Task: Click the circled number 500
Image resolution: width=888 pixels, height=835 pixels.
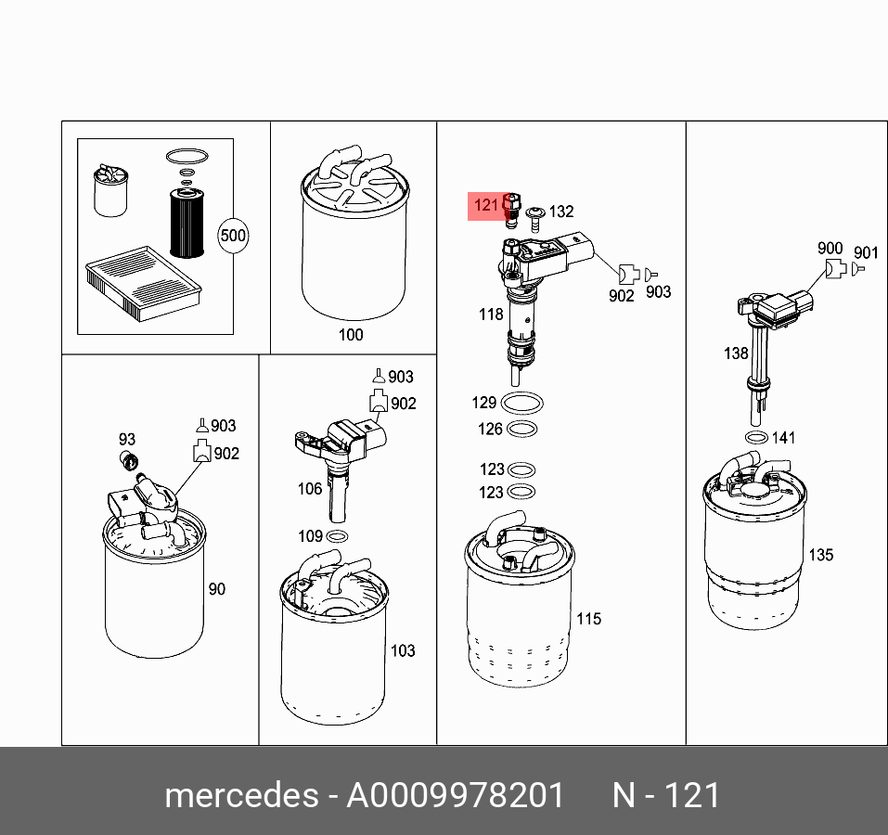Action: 233,236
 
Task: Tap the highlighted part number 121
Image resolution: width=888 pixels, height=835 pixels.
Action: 486,204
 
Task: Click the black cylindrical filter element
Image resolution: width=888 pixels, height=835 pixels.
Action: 187,225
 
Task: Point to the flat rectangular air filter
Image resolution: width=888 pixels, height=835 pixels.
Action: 144,283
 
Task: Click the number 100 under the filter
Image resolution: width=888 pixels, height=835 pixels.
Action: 351,335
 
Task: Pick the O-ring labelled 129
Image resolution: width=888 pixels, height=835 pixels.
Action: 522,404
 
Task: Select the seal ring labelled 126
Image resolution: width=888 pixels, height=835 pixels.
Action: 521,430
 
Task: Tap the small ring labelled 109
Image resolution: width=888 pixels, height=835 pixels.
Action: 338,535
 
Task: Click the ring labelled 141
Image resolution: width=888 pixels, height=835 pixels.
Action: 756,438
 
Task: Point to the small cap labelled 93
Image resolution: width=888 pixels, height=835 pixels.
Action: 130,461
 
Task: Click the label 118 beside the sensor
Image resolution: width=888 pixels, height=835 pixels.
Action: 491,315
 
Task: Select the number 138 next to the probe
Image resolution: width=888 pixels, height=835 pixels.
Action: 736,353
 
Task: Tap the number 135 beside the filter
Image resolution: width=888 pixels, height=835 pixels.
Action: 821,555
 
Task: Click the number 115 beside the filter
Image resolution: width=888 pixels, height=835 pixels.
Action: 589,619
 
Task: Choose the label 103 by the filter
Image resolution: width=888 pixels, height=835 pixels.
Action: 403,650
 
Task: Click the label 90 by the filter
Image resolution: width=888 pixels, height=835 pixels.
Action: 217,589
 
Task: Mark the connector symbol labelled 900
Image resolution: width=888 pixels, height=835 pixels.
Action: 836,268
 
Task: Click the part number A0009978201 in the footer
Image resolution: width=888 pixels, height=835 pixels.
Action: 456,795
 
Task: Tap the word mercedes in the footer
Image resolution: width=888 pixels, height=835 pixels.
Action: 242,795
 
